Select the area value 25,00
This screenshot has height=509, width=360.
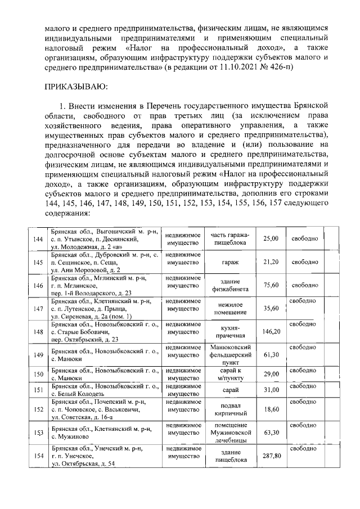click(271, 239)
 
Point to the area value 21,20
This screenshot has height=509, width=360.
click(271, 262)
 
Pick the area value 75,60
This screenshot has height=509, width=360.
click(271, 285)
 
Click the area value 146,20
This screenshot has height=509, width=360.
click(271, 331)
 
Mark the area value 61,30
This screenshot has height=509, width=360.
click(271, 355)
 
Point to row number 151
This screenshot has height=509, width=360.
click(38, 390)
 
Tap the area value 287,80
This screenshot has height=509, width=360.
click(271, 456)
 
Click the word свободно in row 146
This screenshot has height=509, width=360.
click(304, 285)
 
